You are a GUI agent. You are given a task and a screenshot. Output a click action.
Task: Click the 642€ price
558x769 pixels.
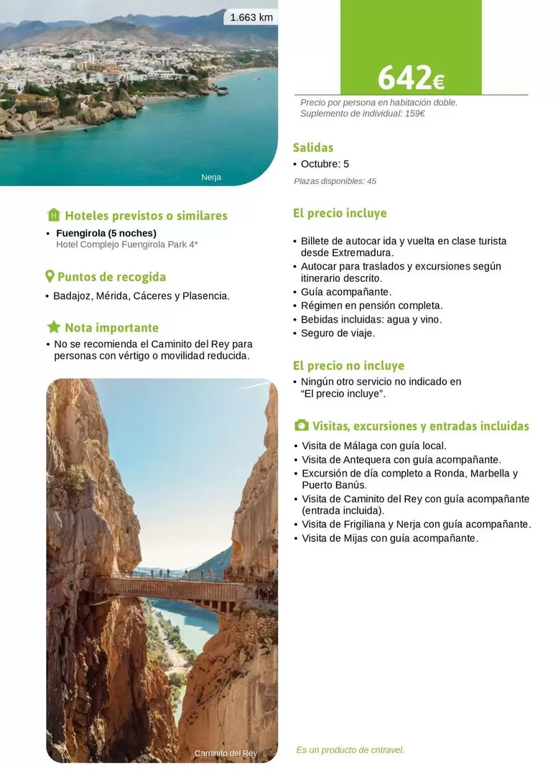pyautogui.click(x=411, y=78)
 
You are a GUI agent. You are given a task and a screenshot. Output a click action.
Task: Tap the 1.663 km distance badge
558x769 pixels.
pyautogui.click(x=251, y=17)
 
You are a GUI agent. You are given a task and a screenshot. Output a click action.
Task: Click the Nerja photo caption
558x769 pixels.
pyautogui.click(x=211, y=178)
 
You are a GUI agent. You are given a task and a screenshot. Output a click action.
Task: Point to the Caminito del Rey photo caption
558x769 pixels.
pyautogui.click(x=225, y=753)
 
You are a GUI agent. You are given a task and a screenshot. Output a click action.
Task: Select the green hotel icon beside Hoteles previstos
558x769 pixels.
pyautogui.click(x=54, y=215)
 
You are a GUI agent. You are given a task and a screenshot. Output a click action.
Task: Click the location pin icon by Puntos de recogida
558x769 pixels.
pyautogui.click(x=50, y=277)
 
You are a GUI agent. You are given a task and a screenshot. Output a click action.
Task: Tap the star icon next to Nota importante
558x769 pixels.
pyautogui.click(x=54, y=328)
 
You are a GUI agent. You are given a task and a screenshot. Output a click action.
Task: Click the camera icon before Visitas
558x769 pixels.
pyautogui.click(x=302, y=426)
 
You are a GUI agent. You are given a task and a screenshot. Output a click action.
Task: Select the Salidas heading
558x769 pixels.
pyautogui.click(x=313, y=147)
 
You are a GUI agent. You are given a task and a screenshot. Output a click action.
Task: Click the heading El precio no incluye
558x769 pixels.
pyautogui.click(x=348, y=366)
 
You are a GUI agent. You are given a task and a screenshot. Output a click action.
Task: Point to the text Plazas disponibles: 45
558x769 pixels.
pyautogui.click(x=335, y=181)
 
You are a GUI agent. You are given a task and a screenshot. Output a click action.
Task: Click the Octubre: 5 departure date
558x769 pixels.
pyautogui.click(x=325, y=165)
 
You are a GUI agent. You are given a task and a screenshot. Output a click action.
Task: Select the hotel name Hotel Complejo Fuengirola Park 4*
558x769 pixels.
pyautogui.click(x=127, y=244)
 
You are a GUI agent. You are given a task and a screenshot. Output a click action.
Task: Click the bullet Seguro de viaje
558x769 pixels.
pyautogui.click(x=338, y=333)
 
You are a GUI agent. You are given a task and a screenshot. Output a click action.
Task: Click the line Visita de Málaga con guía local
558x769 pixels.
pyautogui.click(x=373, y=446)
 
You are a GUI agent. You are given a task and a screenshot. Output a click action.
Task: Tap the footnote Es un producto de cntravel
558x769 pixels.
pyautogui.click(x=350, y=750)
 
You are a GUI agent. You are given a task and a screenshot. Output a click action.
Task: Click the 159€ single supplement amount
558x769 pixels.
pyautogui.click(x=414, y=114)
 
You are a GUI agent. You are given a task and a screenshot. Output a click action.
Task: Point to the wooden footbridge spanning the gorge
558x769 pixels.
pyautogui.click(x=169, y=589)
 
